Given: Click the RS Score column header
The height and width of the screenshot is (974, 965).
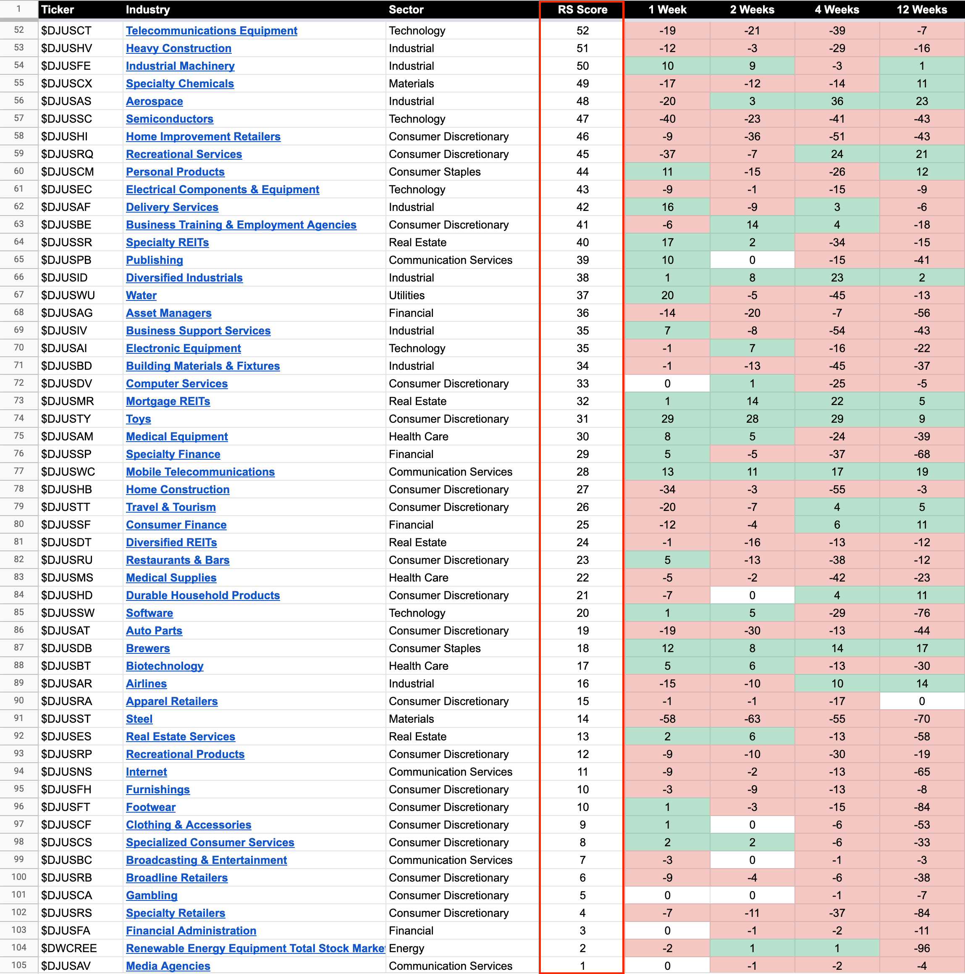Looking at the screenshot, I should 582,10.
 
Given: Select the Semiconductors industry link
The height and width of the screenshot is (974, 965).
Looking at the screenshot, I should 169,119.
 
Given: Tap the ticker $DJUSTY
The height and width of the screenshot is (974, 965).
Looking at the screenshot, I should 66,419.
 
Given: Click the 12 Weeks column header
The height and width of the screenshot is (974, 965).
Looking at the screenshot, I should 921,10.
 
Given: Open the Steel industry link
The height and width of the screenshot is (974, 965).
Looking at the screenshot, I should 139,719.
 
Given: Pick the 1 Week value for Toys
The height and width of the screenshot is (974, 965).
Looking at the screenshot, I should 667,419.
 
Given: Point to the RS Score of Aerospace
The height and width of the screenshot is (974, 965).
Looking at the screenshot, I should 582,101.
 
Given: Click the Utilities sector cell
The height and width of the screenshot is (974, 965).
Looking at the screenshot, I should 406,295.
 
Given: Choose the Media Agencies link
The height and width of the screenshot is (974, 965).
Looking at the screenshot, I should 168,966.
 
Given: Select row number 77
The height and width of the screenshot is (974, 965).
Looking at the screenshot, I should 18,471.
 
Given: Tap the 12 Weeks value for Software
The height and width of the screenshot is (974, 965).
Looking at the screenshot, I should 921,613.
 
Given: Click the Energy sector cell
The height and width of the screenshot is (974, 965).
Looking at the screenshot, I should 406,948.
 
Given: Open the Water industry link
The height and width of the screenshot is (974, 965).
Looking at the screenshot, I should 141,295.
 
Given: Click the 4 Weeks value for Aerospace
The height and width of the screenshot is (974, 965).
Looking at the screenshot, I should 837,101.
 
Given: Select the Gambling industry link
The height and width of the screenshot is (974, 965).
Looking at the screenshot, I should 151,895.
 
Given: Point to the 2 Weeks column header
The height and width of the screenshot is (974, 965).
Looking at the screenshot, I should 752,10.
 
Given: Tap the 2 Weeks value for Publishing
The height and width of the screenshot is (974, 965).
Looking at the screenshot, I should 752,260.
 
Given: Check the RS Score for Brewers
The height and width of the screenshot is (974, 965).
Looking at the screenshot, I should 582,648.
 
